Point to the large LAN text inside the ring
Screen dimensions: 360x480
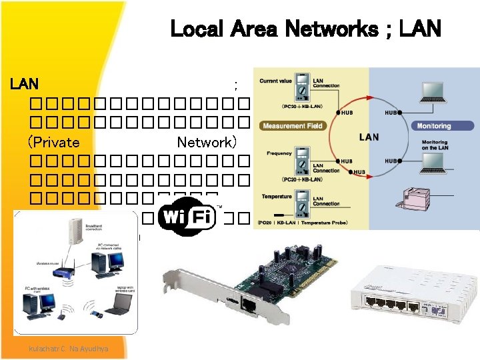369,137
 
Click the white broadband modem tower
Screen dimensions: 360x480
72,234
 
